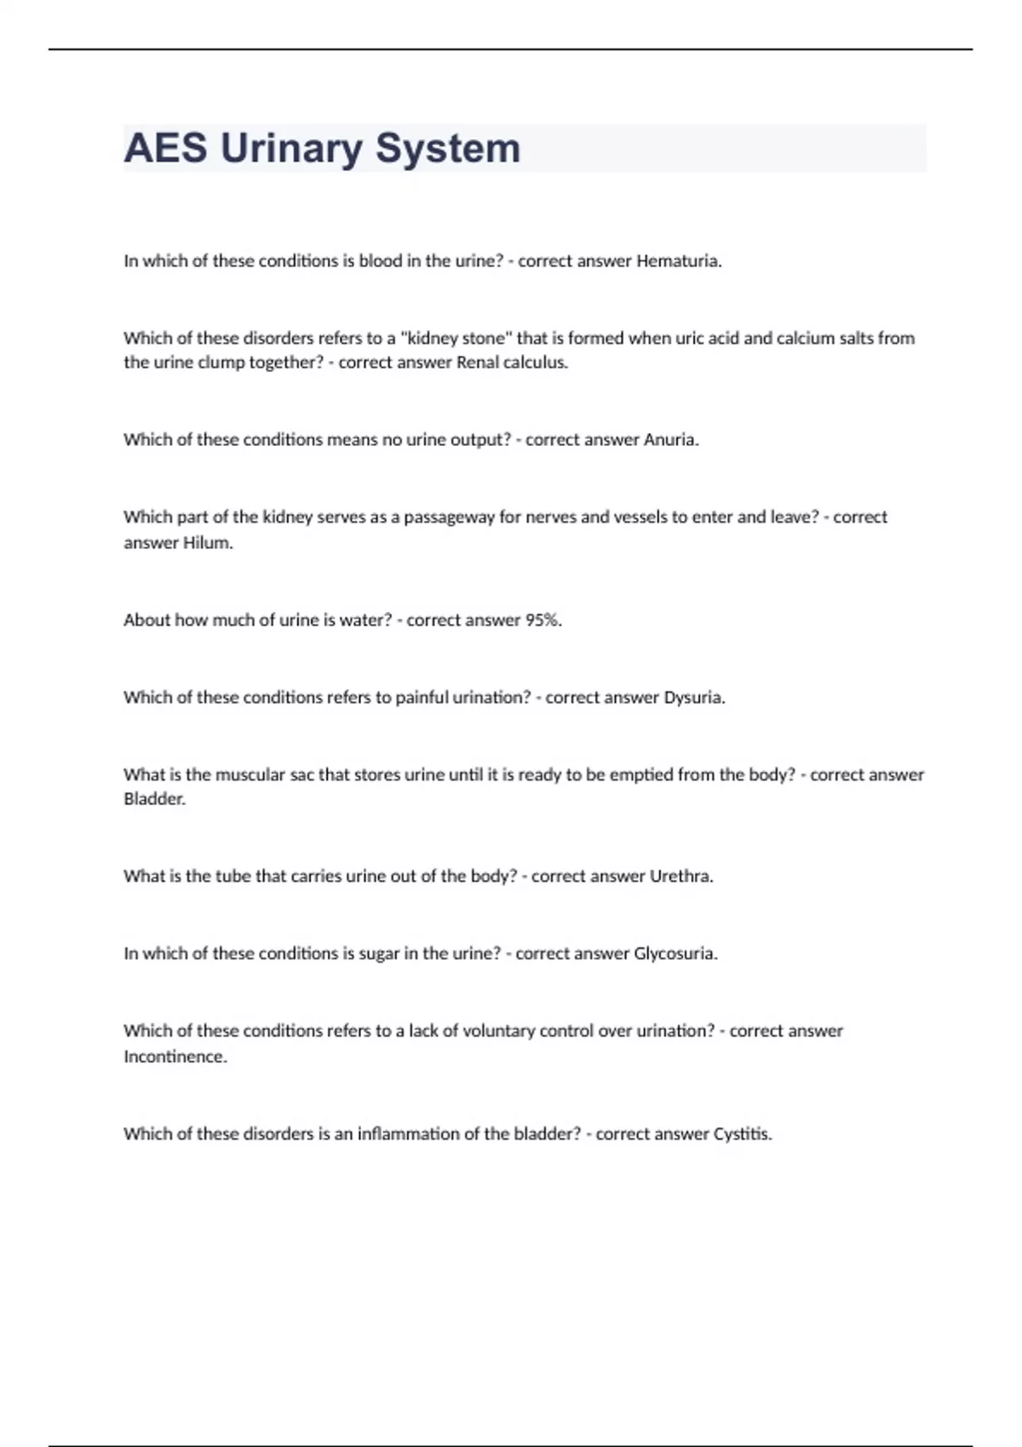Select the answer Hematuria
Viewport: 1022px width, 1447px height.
(678, 261)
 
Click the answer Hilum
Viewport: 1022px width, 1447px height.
(208, 543)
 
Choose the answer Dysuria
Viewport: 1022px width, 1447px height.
(693, 698)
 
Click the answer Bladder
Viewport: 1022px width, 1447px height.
(154, 799)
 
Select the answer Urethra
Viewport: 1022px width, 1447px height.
(680, 877)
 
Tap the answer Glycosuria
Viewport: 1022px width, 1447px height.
(675, 954)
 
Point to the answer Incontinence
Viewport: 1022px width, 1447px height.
(175, 1057)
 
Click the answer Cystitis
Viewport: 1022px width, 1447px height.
(742, 1135)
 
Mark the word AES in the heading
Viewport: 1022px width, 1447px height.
(165, 149)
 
